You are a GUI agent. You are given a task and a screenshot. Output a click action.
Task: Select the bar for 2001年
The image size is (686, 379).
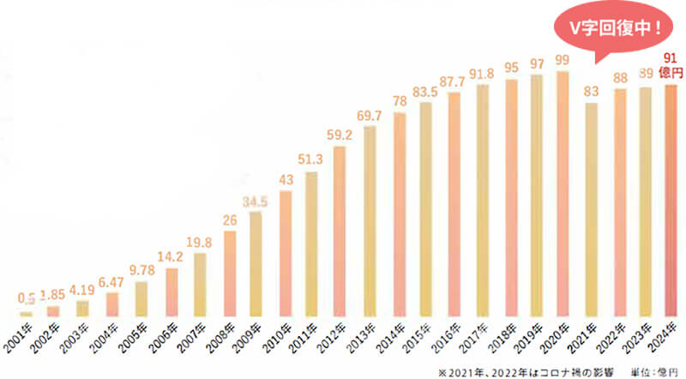click(x=26, y=314)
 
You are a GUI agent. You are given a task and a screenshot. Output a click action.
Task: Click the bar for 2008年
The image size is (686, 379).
click(x=229, y=274)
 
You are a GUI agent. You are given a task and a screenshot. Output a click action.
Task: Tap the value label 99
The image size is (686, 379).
click(x=563, y=59)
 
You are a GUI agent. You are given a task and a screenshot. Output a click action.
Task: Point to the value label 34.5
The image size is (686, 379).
click(x=256, y=202)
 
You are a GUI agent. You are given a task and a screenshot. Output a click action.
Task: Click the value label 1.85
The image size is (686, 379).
click(x=54, y=297)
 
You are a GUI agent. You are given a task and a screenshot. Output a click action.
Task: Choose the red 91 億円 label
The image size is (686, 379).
click(x=671, y=64)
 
